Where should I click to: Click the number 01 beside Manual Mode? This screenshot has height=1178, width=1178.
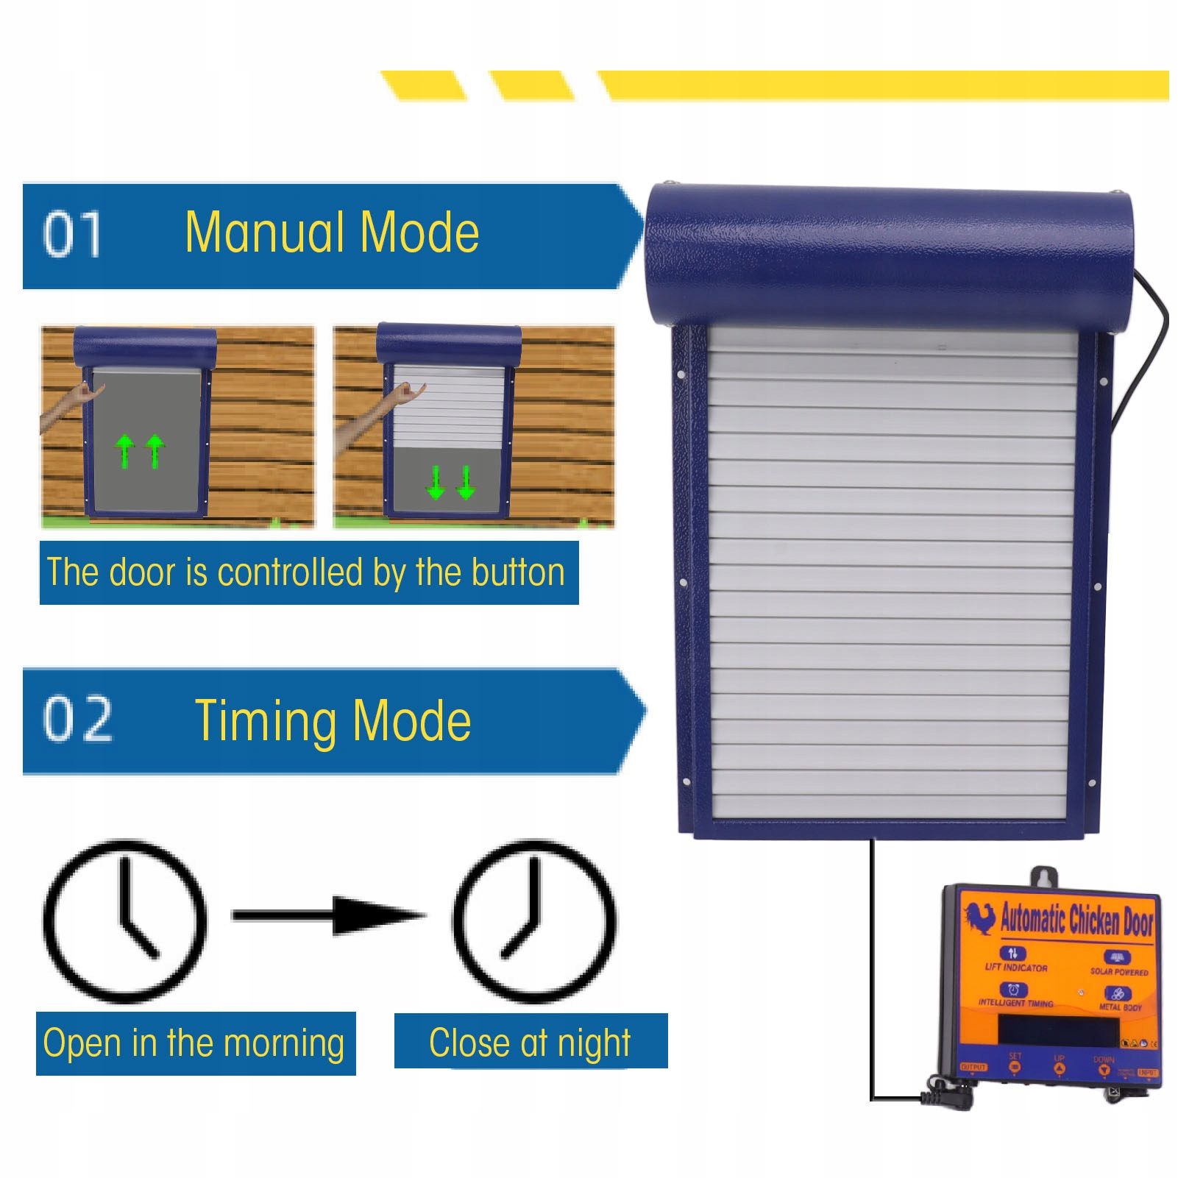(x=72, y=234)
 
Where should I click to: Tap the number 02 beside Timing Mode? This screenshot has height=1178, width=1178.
(x=78, y=720)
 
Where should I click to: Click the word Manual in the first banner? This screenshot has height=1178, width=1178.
(x=264, y=233)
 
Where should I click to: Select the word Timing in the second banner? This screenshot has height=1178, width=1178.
(x=266, y=721)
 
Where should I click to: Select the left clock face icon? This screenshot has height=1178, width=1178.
(x=125, y=920)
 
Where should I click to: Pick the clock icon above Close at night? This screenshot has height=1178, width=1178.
(x=534, y=920)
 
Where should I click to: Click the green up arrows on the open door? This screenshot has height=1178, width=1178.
(x=140, y=450)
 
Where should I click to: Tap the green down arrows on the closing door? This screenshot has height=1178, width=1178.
(x=451, y=482)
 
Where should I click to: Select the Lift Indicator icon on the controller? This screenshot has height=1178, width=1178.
(x=1013, y=954)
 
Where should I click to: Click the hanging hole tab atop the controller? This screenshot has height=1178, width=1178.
(x=1043, y=876)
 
